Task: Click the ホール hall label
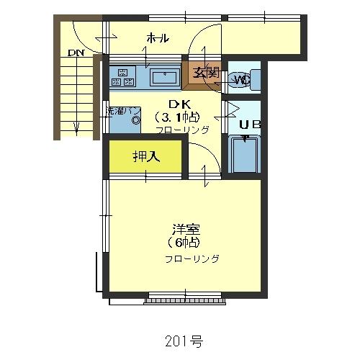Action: [158, 38]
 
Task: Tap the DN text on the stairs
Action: [75, 53]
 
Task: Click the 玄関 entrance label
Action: [204, 72]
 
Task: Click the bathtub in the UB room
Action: [245, 154]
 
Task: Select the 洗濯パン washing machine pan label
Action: [122, 111]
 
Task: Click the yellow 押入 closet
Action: [147, 157]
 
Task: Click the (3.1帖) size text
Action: [177, 117]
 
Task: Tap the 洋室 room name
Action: [186, 230]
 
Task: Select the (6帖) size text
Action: [185, 243]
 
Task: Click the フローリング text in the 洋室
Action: [192, 258]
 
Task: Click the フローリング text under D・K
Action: [182, 130]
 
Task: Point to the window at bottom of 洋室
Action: [184, 297]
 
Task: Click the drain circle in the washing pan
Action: [135, 121]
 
